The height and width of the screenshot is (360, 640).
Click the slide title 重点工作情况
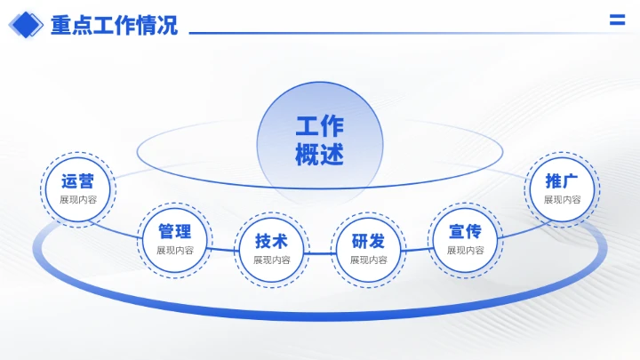pyautogui.click(x=114, y=25)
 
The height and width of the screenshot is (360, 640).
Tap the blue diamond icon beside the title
pyautogui.click(x=26, y=25)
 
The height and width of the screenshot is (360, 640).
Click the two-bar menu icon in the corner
pyautogui.click(x=616, y=21)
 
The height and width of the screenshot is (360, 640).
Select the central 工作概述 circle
pyautogui.click(x=319, y=141)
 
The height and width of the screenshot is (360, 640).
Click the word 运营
pyautogui.click(x=78, y=182)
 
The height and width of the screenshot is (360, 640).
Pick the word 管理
pyautogui.click(x=175, y=232)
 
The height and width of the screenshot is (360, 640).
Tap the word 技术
pyautogui.click(x=272, y=242)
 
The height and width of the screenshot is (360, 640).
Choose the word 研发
pyautogui.click(x=368, y=242)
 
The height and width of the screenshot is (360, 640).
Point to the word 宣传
pyautogui.click(x=465, y=232)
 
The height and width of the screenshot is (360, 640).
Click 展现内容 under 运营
pyautogui.click(x=78, y=200)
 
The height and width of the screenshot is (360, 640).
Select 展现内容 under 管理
pyautogui.click(x=175, y=251)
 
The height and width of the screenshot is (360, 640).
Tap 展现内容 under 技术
pyautogui.click(x=272, y=260)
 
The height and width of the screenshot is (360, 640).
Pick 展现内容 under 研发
pyautogui.click(x=368, y=260)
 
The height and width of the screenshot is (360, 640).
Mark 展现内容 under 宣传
pyautogui.click(x=465, y=251)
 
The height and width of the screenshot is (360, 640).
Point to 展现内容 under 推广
pyautogui.click(x=563, y=200)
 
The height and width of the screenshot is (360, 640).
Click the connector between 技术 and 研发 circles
pyautogui.click(x=320, y=252)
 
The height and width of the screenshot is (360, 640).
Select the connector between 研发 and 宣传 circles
pyautogui.click(x=416, y=249)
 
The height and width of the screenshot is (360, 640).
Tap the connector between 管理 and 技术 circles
pyautogui.click(x=223, y=249)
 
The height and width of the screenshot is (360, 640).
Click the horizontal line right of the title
pyautogui.click(x=391, y=34)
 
